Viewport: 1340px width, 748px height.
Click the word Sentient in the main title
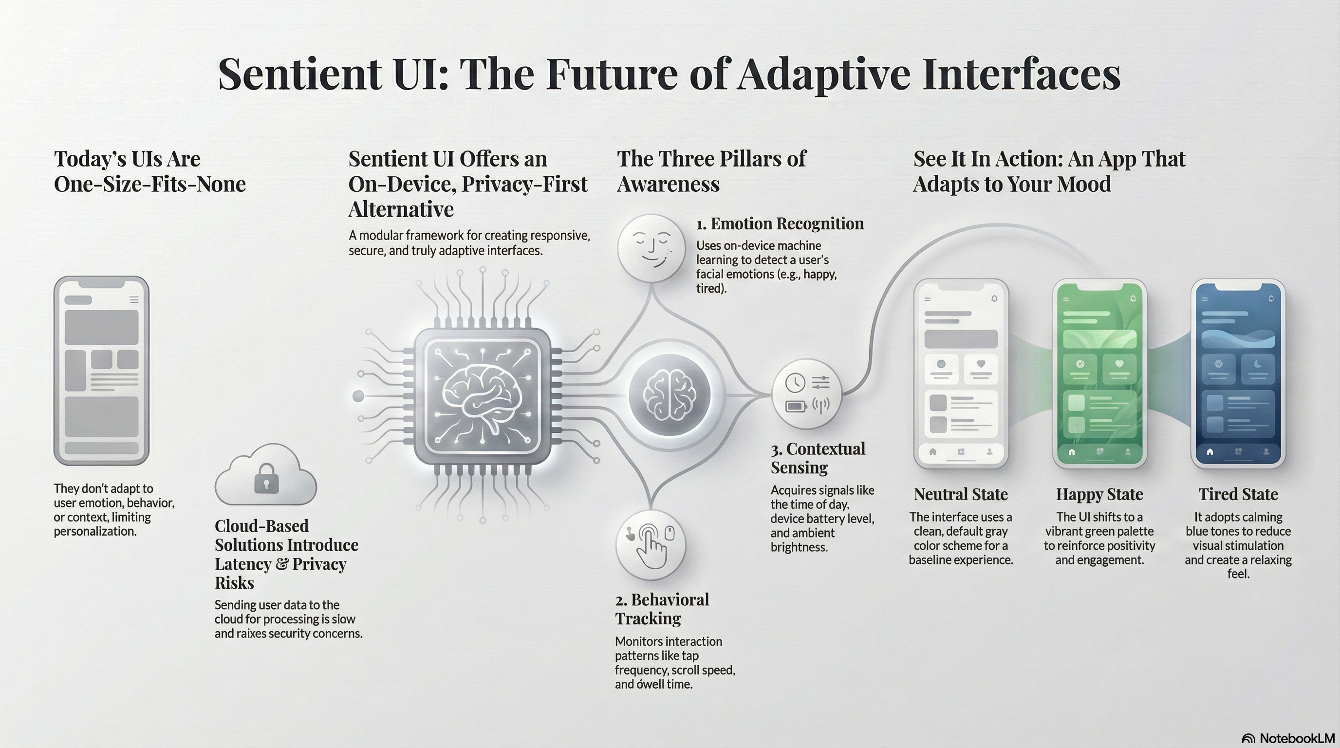299,74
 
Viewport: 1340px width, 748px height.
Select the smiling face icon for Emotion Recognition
651,249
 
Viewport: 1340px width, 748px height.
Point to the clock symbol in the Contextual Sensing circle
795,382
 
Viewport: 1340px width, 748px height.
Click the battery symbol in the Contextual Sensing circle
795,406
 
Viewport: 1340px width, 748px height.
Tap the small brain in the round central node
670,395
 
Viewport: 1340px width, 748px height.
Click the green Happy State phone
1099,374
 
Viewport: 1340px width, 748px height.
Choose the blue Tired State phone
1238,374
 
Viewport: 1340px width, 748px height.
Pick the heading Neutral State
960,494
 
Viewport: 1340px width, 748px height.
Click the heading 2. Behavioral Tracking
662,609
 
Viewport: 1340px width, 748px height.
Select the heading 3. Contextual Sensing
818,458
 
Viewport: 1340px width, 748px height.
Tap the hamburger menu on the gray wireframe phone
134,299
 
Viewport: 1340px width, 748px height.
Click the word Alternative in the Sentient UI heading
401,209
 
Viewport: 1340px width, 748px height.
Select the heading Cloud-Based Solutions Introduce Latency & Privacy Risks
286,554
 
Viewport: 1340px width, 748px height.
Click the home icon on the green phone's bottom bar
1072,451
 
